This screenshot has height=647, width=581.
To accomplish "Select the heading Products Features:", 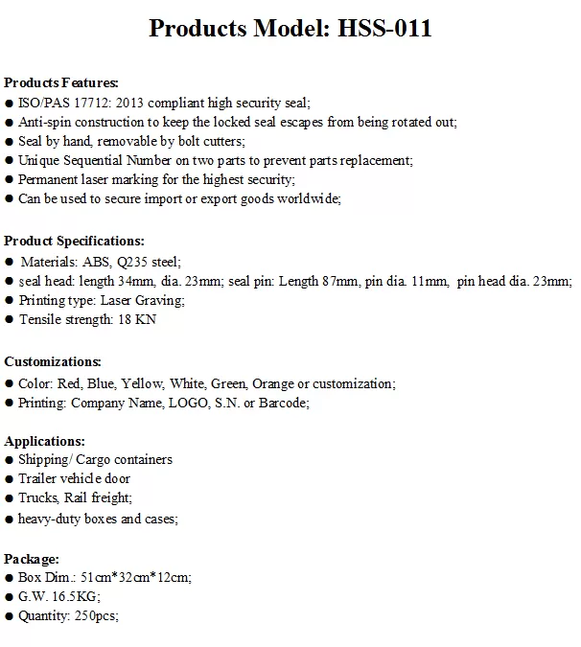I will coord(61,82).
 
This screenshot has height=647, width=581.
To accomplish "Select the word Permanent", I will coord(50,179).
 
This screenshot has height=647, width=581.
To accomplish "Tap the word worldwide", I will coord(307,198).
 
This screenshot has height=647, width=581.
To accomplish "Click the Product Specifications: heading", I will coord(75,241).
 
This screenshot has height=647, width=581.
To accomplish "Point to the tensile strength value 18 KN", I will coord(136,319).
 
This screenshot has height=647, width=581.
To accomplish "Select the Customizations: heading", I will coord(53,361).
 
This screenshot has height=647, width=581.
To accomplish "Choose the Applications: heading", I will coord(44,441).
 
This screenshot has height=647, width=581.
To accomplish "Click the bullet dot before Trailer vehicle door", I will coord(9,479).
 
